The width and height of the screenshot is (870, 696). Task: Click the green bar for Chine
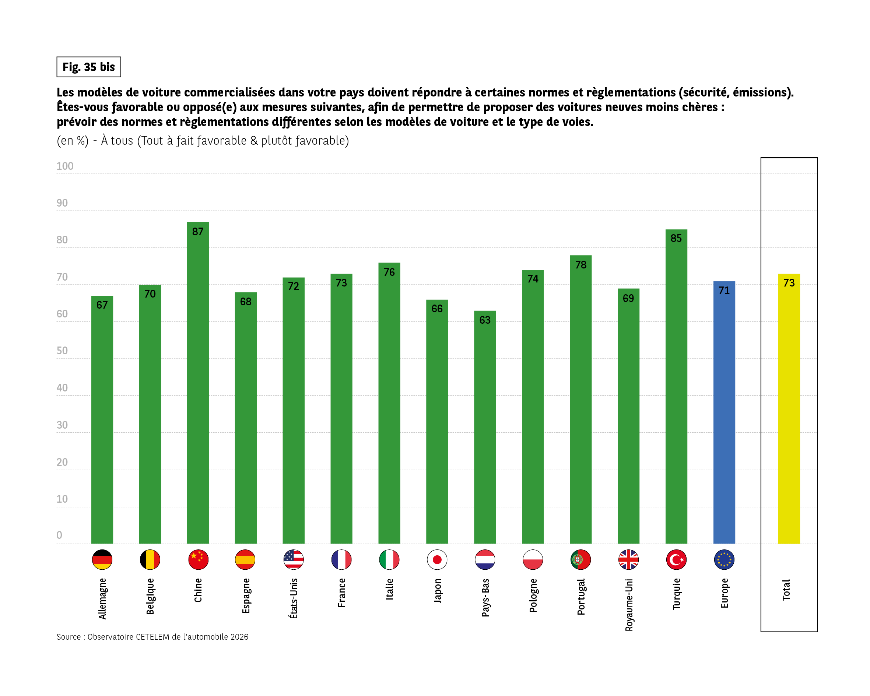(x=198, y=383)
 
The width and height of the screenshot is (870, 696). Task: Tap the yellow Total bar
(x=789, y=408)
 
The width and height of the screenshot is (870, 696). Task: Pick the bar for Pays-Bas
(x=485, y=428)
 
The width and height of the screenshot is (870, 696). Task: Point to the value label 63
(x=485, y=320)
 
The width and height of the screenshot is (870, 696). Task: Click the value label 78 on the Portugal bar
(x=580, y=265)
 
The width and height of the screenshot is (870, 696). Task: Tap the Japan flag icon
(x=437, y=560)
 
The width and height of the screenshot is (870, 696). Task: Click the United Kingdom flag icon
(x=628, y=560)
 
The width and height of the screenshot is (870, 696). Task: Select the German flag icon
(x=102, y=560)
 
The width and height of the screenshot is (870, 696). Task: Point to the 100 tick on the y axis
(x=64, y=166)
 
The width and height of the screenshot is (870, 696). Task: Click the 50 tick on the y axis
(x=62, y=351)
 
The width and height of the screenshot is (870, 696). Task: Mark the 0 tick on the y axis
(x=59, y=535)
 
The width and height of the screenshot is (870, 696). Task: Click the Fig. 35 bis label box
(x=89, y=67)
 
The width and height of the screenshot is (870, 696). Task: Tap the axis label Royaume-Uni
(x=629, y=604)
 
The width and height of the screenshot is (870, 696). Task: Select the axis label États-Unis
(x=293, y=598)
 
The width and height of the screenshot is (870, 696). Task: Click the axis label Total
(x=786, y=590)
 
